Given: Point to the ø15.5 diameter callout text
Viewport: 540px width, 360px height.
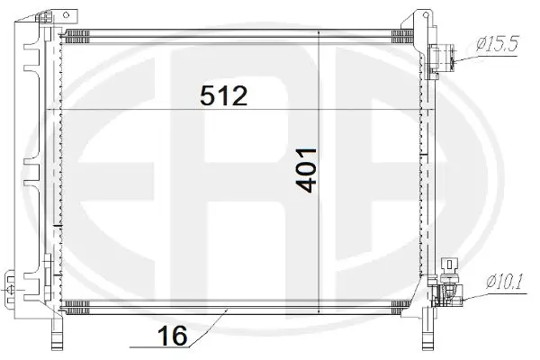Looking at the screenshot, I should (x=498, y=42).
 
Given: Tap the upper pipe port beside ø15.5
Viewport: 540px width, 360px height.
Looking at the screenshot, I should (x=444, y=58).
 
